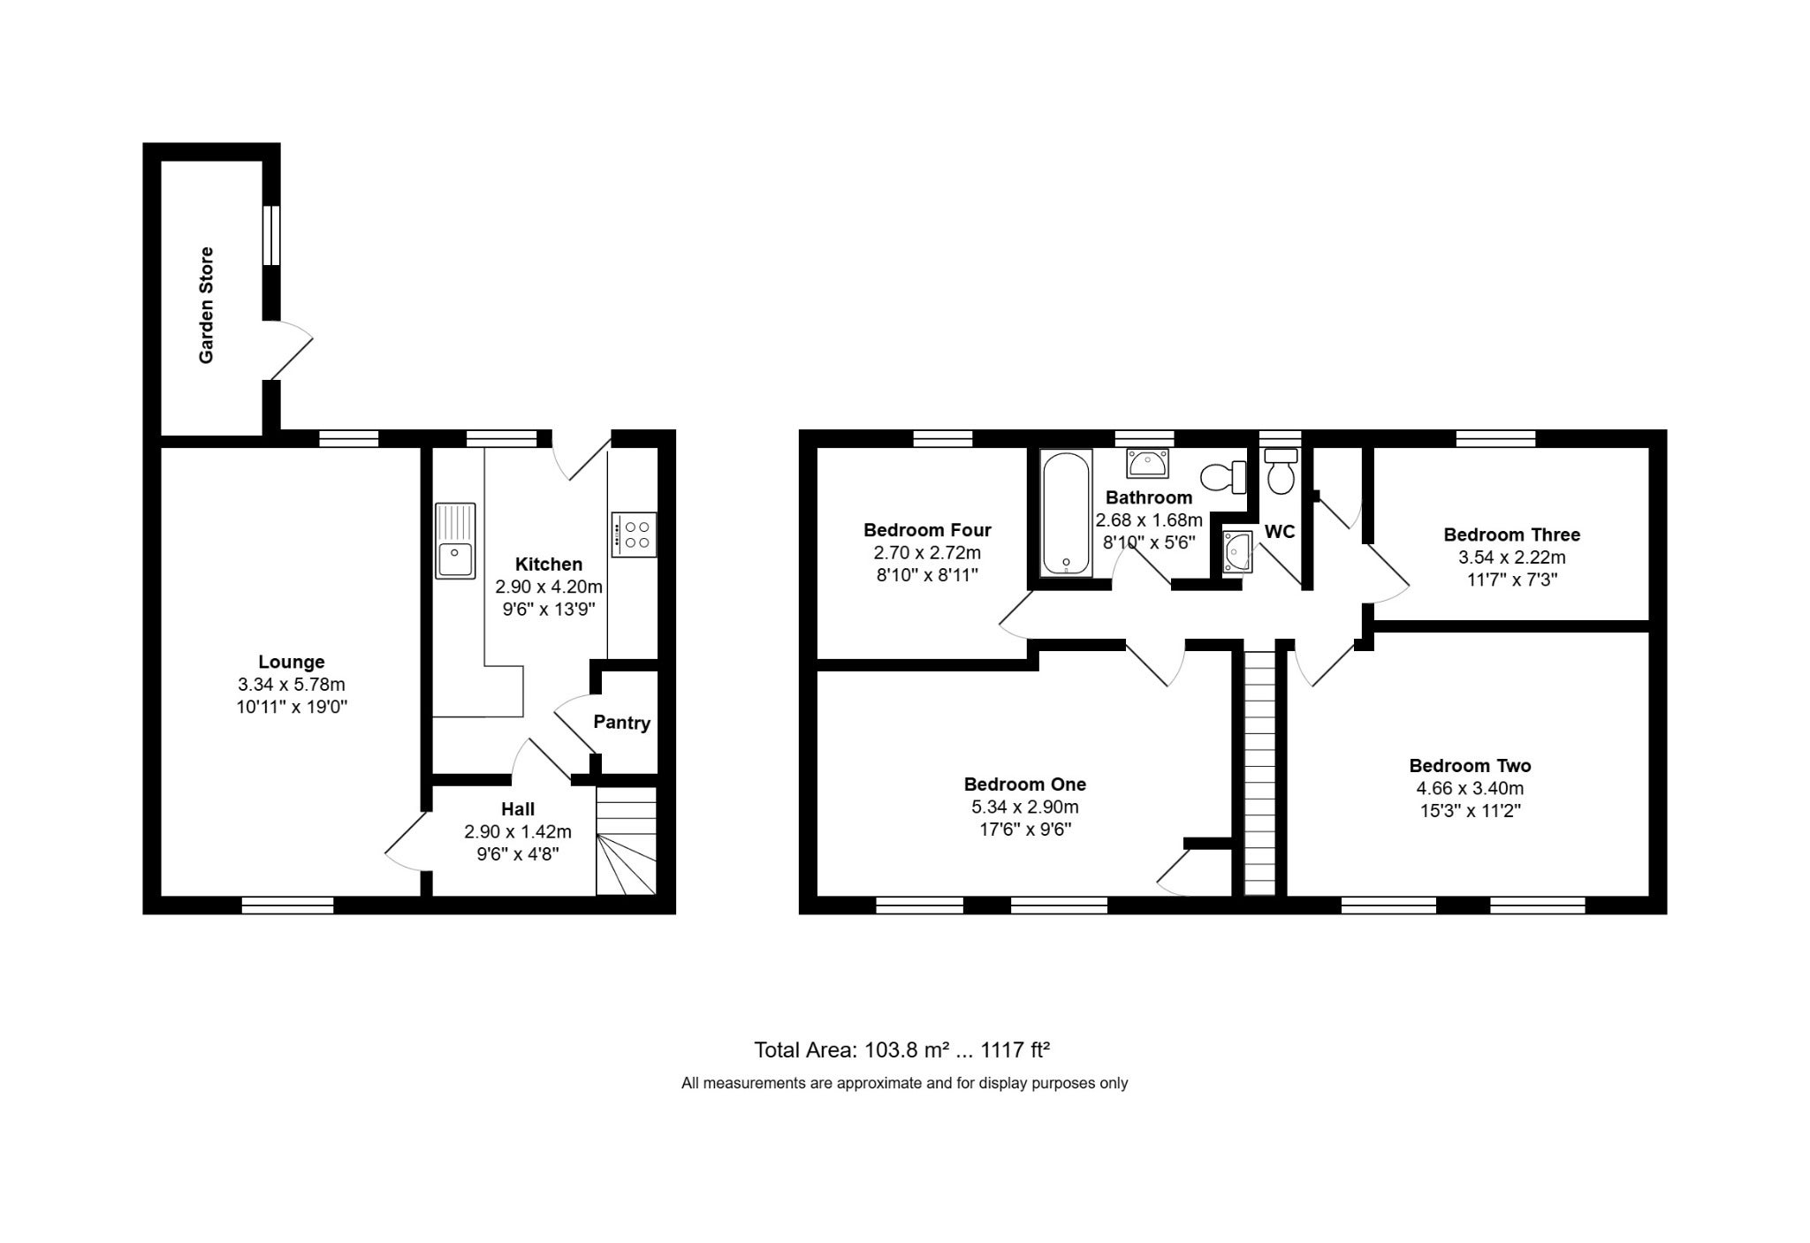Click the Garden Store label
point(206,305)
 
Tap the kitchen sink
point(455,541)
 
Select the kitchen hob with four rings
point(634,534)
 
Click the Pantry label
point(621,723)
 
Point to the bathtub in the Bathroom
point(1067,513)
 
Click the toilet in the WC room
point(1280,471)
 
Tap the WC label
point(1280,532)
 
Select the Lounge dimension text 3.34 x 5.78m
point(292,685)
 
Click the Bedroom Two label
point(1470,766)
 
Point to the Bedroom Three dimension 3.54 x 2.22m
point(1511,557)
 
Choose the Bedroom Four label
point(927,530)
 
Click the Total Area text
point(901,1050)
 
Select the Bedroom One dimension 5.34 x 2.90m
point(1025,807)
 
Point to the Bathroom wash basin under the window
point(1147,463)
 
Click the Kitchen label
point(549,564)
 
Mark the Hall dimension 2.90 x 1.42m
point(518,831)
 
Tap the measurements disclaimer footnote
point(904,1083)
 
